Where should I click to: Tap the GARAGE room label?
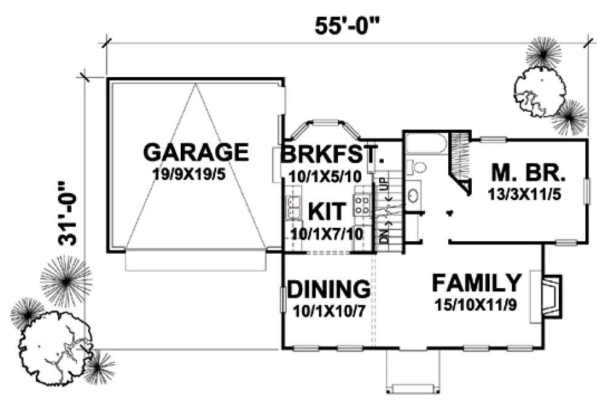point(195,152)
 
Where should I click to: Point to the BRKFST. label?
point(329,155)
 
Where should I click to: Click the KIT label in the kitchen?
point(326,211)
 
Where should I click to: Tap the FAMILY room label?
point(476,283)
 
